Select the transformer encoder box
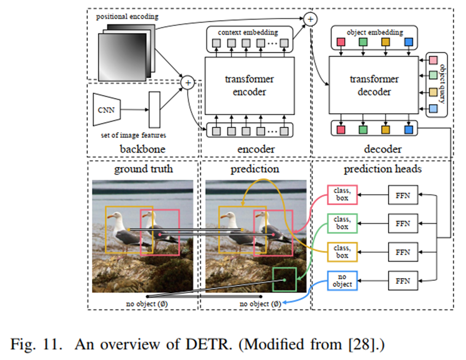click(x=249, y=86)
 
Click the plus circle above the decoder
click(x=310, y=19)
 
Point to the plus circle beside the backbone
click(x=188, y=83)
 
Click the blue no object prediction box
click(x=342, y=280)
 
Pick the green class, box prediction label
click(x=342, y=224)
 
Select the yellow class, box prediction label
click(x=342, y=252)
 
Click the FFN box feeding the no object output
click(x=402, y=280)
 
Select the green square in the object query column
click(x=434, y=76)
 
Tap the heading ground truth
click(x=144, y=169)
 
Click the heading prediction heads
click(x=382, y=169)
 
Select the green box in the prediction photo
click(x=284, y=279)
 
